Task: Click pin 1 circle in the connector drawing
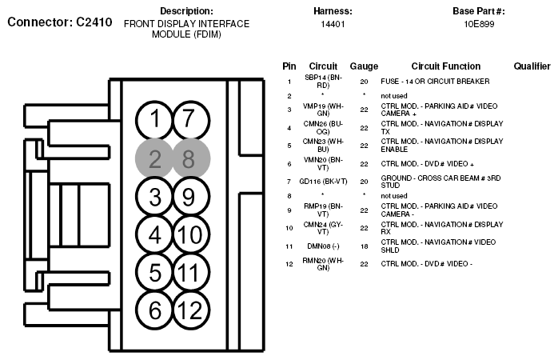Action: click(x=154, y=121)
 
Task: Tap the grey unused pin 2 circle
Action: click(x=154, y=158)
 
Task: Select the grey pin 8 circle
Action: click(x=189, y=158)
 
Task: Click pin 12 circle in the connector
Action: click(x=189, y=310)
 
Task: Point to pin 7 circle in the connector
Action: click(x=189, y=121)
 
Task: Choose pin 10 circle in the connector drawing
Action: click(x=189, y=234)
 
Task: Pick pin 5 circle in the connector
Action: click(x=154, y=272)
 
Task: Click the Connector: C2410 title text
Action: click(x=60, y=22)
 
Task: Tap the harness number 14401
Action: click(x=333, y=25)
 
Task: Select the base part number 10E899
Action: click(x=478, y=25)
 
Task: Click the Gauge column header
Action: click(x=364, y=66)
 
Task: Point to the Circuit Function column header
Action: click(x=446, y=66)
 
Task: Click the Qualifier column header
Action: click(x=532, y=66)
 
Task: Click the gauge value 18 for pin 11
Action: click(x=364, y=246)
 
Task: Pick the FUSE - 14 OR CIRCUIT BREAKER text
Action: click(x=435, y=82)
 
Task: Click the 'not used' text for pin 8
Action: click(x=394, y=195)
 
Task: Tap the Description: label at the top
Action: click(x=186, y=11)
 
